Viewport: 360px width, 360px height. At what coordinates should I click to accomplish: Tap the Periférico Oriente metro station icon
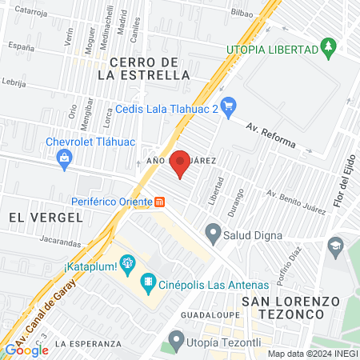(160, 202)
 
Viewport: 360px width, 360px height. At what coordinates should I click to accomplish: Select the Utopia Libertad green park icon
(328, 49)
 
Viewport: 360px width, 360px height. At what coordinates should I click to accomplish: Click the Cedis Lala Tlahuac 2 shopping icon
(228, 104)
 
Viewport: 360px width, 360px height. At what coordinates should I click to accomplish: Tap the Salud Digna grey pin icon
(213, 234)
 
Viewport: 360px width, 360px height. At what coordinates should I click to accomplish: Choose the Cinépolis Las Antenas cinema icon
(147, 282)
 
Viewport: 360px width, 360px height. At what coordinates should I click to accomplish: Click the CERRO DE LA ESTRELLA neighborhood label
(144, 69)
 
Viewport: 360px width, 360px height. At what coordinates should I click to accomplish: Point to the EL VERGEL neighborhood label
(46, 217)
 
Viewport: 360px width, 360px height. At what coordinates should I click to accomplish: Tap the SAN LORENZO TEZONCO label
(290, 308)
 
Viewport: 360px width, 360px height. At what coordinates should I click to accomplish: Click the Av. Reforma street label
(270, 137)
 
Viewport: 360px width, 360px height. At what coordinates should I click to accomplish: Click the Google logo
(26, 350)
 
